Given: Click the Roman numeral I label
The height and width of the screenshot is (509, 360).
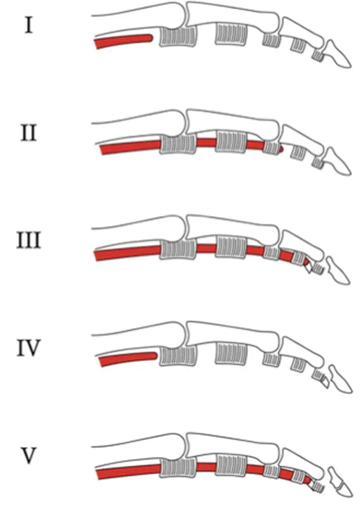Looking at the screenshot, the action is tap(29, 25).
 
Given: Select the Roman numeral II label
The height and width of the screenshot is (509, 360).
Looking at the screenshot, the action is tap(29, 132).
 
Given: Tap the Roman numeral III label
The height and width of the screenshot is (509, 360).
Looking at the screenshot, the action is tap(29, 240).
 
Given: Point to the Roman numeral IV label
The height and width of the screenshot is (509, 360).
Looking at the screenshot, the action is tap(29, 348).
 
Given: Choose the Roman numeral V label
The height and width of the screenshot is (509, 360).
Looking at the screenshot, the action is tap(29, 455).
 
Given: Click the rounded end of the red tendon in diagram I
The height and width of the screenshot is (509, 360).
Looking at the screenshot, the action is tap(149, 38).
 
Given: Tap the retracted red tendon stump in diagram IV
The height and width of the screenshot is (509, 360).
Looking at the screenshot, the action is tap(129, 358).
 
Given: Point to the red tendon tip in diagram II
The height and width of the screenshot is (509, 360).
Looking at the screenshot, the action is tap(280, 149).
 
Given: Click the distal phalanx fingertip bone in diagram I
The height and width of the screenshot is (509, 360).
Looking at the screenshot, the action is tap(338, 54).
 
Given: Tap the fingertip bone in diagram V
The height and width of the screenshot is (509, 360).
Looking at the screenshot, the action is tap(340, 482).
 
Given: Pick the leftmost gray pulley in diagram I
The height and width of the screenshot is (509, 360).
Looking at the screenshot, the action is tap(178, 36).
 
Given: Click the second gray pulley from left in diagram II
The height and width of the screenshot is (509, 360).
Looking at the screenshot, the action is tap(231, 142).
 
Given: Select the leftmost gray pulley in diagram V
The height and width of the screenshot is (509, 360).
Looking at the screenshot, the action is tap(178, 467).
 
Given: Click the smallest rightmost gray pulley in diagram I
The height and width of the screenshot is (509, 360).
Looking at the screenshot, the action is tap(318, 55).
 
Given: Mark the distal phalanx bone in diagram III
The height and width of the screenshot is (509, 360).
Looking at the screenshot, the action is tap(337, 271).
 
